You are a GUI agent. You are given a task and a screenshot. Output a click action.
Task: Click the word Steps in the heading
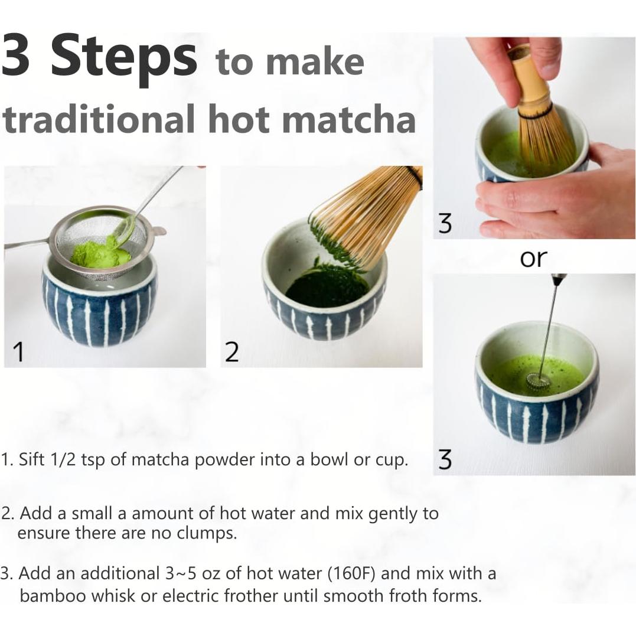point(124,58)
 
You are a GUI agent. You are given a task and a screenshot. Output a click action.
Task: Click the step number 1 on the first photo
point(19,352)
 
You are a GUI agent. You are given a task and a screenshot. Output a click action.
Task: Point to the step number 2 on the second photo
point(232,352)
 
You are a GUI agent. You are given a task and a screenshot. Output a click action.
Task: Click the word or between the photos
point(533,258)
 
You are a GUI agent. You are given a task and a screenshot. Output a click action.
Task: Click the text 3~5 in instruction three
point(179,573)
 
